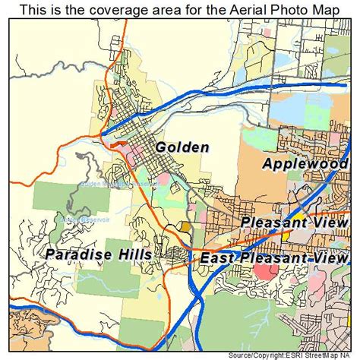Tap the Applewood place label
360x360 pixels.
(305, 163)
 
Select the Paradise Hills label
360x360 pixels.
(97, 254)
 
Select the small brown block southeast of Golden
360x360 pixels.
(185, 227)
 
